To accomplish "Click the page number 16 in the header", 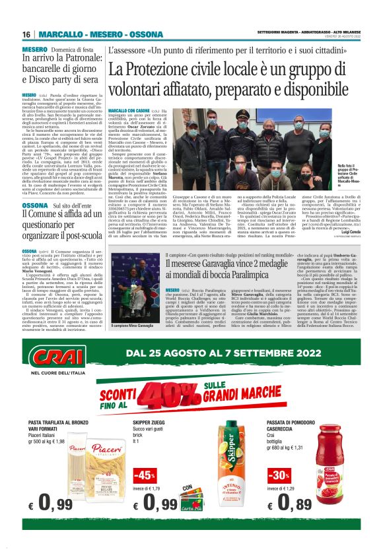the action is tap(26, 35).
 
